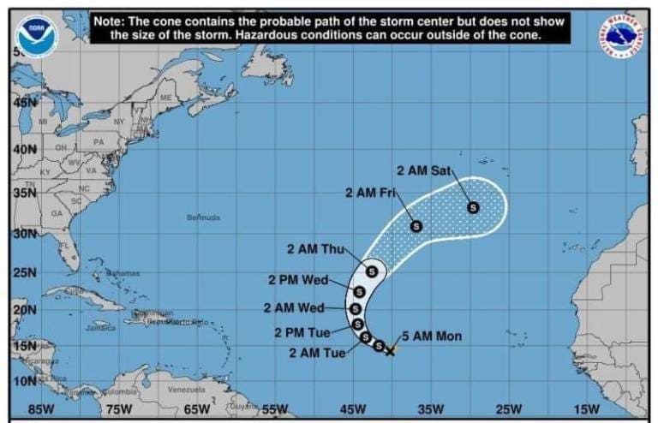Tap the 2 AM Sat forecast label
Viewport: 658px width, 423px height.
click(423, 170)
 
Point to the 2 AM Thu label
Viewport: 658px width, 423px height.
click(314, 249)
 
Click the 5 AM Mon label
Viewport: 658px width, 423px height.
click(431, 336)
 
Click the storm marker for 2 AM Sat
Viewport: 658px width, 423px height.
click(473, 206)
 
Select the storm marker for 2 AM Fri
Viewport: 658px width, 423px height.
click(416, 226)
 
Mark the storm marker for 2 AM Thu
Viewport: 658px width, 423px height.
click(372, 271)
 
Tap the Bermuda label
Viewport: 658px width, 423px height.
click(203, 217)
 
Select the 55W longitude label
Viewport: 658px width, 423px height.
click(275, 409)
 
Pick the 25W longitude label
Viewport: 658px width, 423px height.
click(508, 409)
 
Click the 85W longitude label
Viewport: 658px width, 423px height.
click(41, 409)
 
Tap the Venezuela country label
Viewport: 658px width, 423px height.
click(186, 389)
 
